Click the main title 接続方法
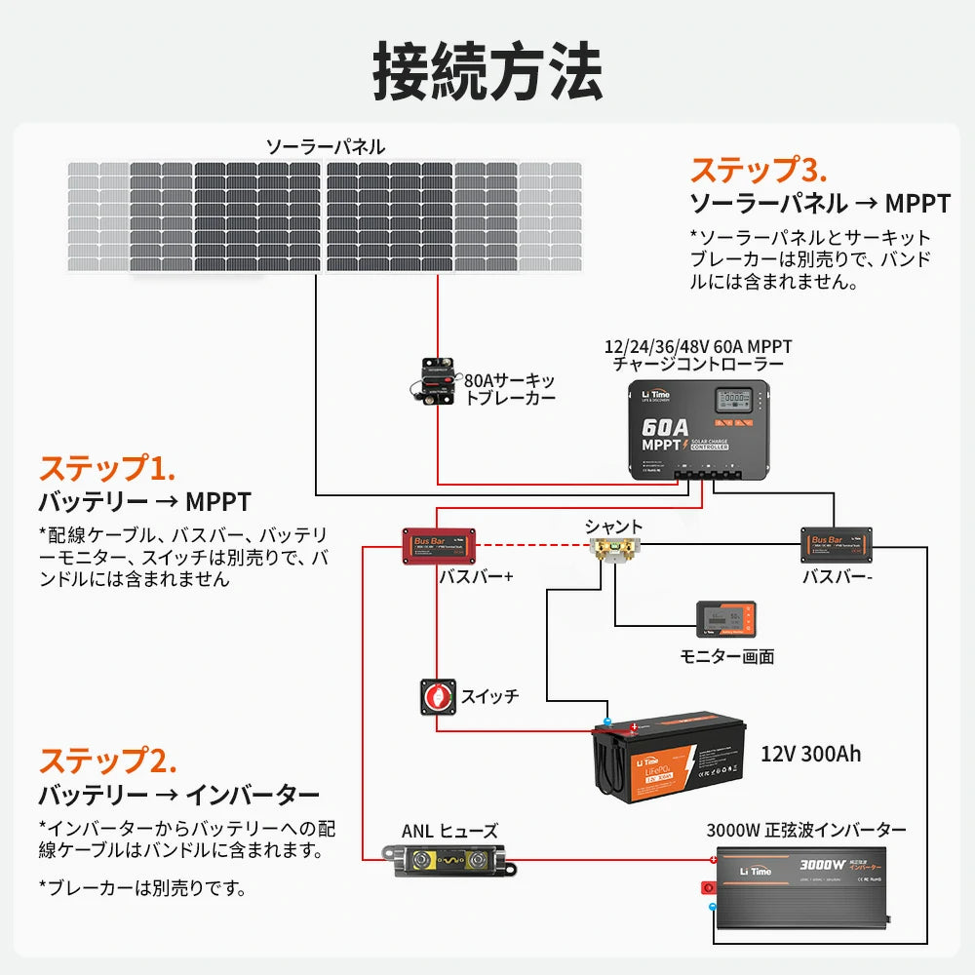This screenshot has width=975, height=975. (x=487, y=70)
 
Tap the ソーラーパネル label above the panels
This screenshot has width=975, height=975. (x=326, y=147)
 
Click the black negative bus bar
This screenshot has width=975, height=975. (x=836, y=544)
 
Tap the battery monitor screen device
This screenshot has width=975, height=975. (x=724, y=620)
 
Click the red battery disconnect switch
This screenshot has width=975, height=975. (x=439, y=696)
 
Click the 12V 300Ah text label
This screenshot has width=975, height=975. (x=810, y=754)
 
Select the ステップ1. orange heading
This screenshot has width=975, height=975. (x=107, y=468)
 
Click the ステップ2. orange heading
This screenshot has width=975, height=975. (x=107, y=760)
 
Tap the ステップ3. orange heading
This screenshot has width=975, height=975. (x=759, y=170)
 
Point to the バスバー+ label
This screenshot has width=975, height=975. (x=476, y=577)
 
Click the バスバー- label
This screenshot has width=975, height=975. (x=837, y=577)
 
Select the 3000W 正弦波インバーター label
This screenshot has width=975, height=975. (x=806, y=830)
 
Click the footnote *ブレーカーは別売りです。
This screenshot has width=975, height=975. (x=142, y=887)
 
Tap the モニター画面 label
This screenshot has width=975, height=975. (x=726, y=656)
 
